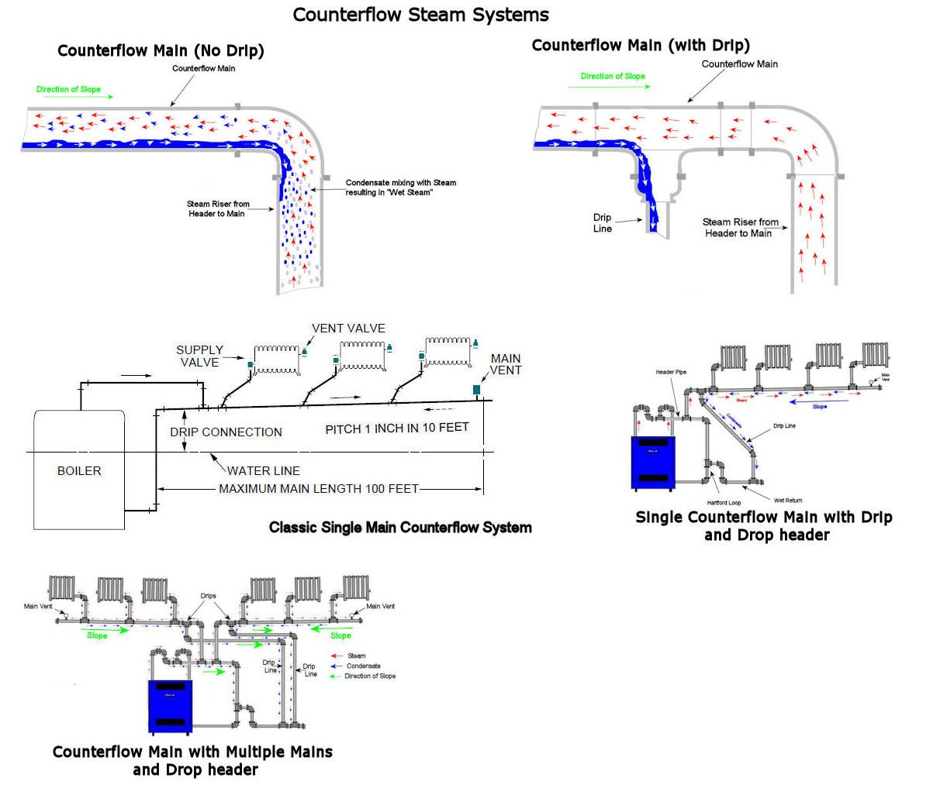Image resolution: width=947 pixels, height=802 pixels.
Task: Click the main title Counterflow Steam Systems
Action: pos(420,15)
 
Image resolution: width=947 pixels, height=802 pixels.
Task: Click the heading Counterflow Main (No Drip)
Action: pos(161,51)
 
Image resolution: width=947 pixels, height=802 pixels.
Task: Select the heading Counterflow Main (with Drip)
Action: pos(641,45)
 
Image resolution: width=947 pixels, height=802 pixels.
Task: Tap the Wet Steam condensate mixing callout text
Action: pos(400,188)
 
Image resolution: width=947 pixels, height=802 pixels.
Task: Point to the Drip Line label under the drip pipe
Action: pos(603,223)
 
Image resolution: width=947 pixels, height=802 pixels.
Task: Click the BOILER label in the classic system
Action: pos(79,470)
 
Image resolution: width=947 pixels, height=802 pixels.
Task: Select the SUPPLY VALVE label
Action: pos(199,356)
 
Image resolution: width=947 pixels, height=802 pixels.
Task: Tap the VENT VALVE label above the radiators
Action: pos(348,329)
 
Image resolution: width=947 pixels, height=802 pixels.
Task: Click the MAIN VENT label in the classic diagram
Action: pos(506,364)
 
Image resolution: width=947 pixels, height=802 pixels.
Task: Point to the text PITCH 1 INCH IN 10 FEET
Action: pos(396,429)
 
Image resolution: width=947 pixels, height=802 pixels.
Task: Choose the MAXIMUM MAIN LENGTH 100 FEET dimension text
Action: pos(318,489)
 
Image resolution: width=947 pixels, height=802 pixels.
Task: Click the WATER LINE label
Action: pos(263,470)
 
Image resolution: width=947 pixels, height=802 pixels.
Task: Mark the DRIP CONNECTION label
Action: pos(226,432)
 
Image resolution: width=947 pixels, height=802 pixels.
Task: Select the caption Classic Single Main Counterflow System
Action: pos(400,528)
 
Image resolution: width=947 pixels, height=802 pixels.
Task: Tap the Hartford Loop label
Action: pos(724,503)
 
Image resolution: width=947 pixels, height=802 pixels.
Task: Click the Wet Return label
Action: pos(788,501)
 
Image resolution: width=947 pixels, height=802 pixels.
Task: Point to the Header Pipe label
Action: pos(671,373)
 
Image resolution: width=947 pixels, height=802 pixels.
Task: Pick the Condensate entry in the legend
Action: pos(363,666)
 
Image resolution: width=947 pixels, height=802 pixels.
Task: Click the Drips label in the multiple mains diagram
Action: pos(208,596)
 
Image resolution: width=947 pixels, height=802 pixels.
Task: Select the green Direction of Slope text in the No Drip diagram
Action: pos(68,89)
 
